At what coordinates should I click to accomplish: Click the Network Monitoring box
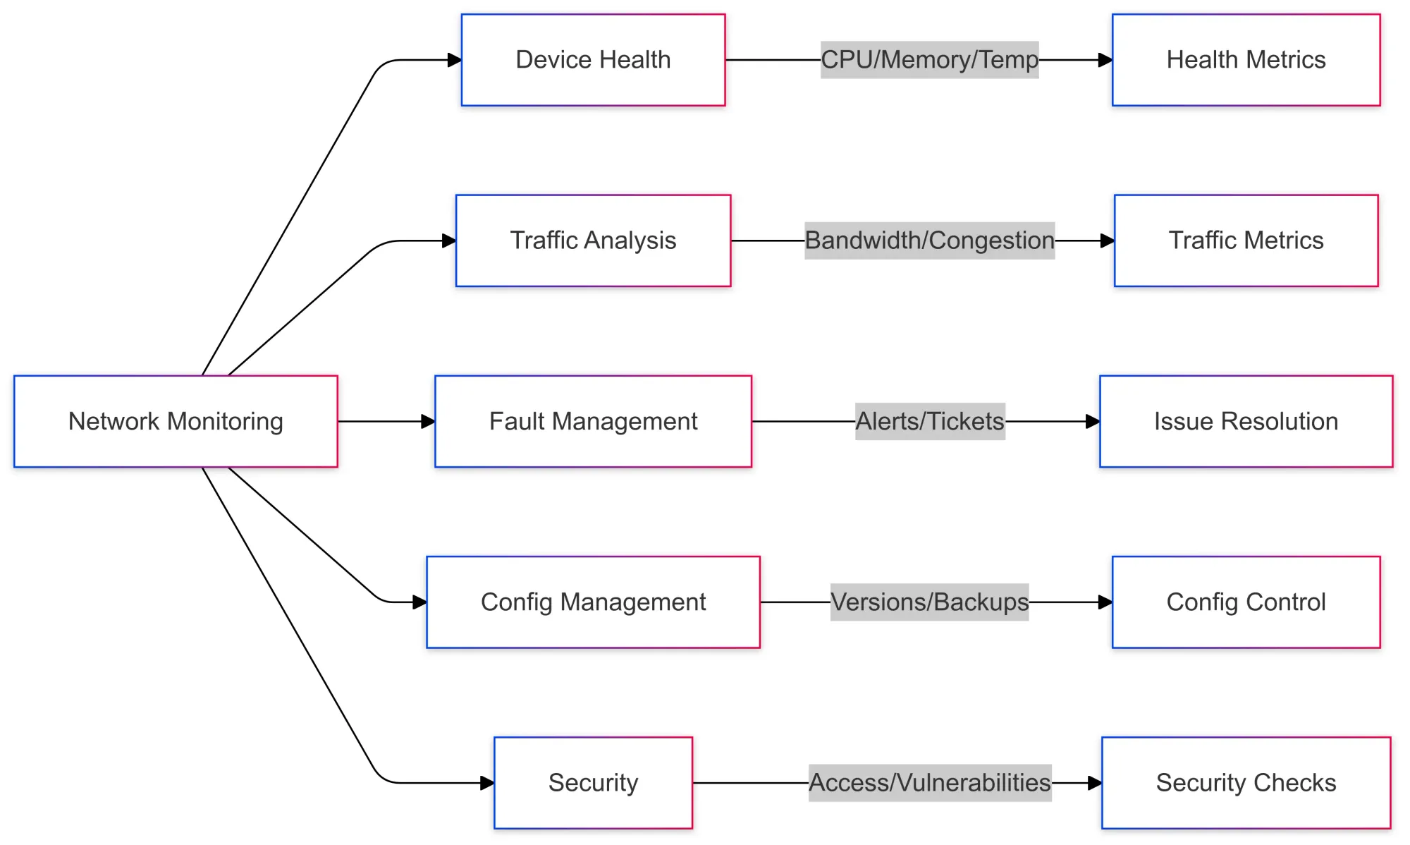coord(176,421)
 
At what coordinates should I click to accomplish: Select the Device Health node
coord(593,60)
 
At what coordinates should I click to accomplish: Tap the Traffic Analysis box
coord(593,241)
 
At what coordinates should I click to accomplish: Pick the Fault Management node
coord(593,421)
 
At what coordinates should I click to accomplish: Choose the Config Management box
coord(593,602)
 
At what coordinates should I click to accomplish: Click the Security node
coord(593,782)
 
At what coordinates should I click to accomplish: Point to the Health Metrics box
coord(1246,60)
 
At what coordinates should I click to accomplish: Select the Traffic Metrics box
coord(1246,241)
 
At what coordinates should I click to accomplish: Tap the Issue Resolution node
coord(1246,421)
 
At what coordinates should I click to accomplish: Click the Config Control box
coord(1246,602)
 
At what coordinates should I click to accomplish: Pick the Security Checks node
coord(1246,782)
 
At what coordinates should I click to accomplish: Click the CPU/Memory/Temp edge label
coord(929,60)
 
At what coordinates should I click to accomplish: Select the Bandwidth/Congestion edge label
coord(929,241)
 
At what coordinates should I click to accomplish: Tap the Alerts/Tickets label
coord(929,421)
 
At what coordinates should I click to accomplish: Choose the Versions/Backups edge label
coord(929,602)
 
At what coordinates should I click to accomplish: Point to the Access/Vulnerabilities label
coord(929,782)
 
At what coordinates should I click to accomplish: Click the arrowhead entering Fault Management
coord(428,421)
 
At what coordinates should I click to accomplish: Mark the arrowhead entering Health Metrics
coord(1105,60)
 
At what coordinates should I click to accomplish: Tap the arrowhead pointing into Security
coord(487,782)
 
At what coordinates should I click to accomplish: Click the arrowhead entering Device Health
coord(455,60)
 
